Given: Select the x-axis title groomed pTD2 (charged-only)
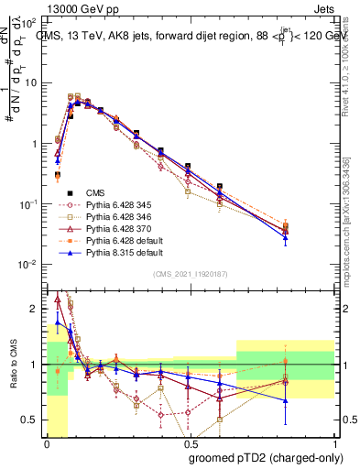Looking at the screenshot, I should [266, 458].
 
